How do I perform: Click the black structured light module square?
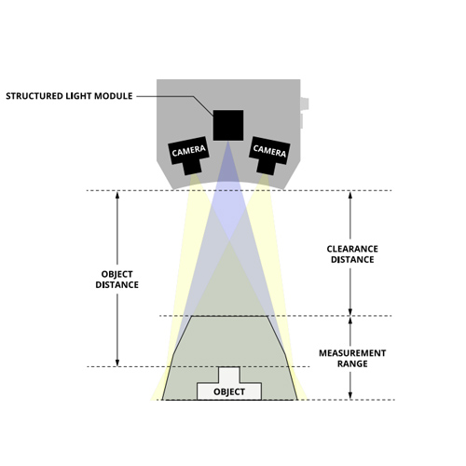[228, 125]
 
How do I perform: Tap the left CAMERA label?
[188, 151]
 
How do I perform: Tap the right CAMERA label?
[269, 151]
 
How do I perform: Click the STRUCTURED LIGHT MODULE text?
[69, 96]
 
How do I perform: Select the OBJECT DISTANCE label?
[116, 280]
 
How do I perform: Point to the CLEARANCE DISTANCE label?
[352, 254]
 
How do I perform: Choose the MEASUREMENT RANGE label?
[352, 358]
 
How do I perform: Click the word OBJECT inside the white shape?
[229, 391]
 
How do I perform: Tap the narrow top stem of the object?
[229, 375]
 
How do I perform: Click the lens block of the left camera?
[192, 167]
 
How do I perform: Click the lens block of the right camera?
[267, 167]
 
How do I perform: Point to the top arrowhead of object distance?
[117, 195]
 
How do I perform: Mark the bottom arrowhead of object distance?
[117, 363]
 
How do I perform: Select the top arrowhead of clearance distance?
[350, 195]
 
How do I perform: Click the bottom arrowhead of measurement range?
[350, 395]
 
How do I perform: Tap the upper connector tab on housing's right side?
[305, 103]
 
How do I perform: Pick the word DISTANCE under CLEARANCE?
[352, 259]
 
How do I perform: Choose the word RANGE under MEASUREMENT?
[352, 363]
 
